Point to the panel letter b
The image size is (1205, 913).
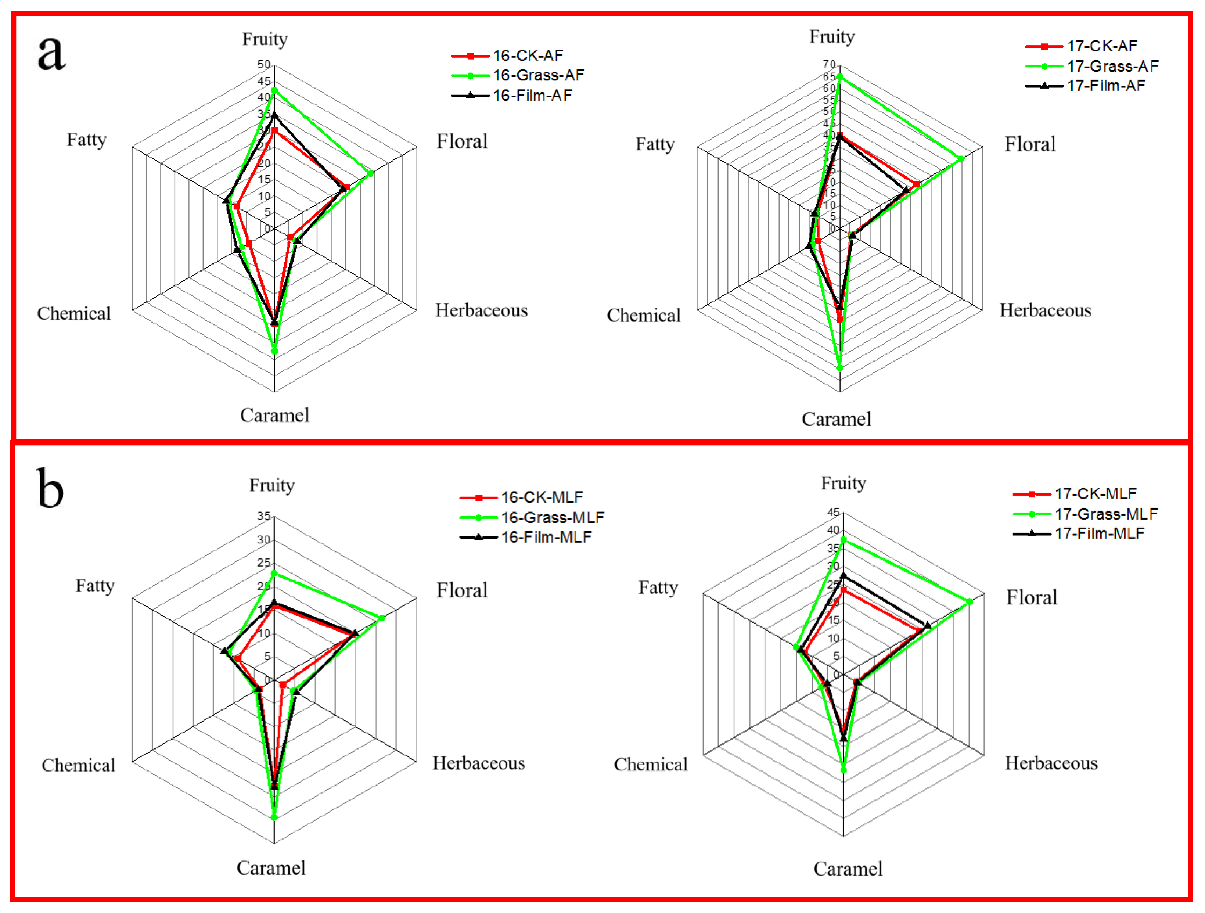[50, 488]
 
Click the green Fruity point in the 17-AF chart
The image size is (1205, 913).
[839, 77]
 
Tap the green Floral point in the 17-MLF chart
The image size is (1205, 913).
[970, 602]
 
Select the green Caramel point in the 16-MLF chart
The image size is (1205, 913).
[274, 817]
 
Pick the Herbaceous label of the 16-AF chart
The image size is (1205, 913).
[481, 310]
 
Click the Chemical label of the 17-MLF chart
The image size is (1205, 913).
[650, 764]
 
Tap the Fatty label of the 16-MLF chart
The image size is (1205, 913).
[95, 586]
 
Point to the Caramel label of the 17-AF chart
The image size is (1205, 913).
[836, 419]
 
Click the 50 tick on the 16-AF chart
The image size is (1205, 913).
[264, 65]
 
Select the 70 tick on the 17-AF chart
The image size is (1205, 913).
[829, 65]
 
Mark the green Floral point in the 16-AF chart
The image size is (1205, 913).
[370, 173]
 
